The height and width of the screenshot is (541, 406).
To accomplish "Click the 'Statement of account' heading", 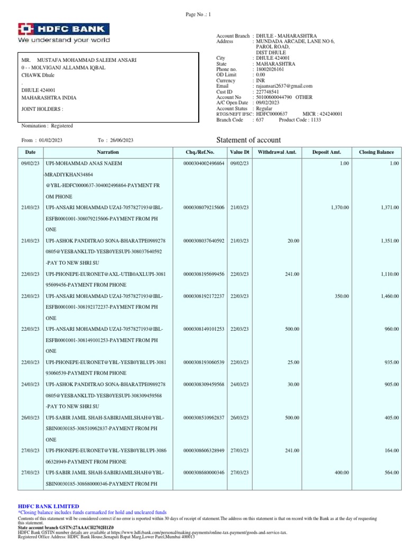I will coord(249,140).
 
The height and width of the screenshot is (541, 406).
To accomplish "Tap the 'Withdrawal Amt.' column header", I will coord(277,152).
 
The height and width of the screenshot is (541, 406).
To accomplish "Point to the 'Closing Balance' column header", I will coord(376,152).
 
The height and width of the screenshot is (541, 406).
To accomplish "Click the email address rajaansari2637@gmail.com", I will coord(284,86).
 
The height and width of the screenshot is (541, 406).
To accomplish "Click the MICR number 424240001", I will coord(330,114).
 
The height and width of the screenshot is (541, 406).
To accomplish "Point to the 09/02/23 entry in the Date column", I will coord(30,164).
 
